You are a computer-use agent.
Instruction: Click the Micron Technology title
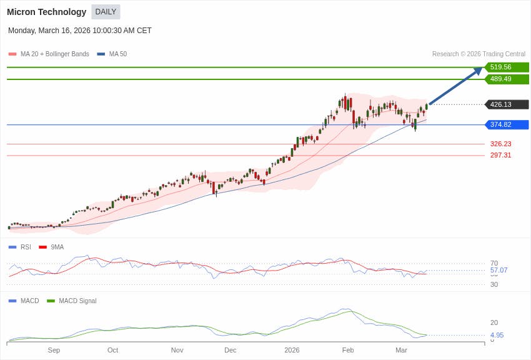point(46,12)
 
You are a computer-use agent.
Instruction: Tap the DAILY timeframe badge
point(106,12)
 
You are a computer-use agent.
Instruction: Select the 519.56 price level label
point(501,67)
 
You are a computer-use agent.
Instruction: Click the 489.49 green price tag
point(501,79)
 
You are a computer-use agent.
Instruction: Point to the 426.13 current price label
point(501,104)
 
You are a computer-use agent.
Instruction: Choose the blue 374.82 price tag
point(501,124)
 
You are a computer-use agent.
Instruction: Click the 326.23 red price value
point(500,144)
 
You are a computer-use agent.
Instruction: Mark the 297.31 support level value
point(500,155)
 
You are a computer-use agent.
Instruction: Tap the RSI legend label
point(26,247)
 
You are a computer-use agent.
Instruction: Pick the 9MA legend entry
point(57,247)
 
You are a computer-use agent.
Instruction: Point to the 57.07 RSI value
point(499,270)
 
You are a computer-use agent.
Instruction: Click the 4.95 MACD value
point(497,335)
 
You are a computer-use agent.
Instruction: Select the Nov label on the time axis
point(177,350)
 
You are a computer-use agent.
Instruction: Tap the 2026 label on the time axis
point(292,350)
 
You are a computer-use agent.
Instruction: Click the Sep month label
point(54,350)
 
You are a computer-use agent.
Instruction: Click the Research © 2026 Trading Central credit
point(479,54)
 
